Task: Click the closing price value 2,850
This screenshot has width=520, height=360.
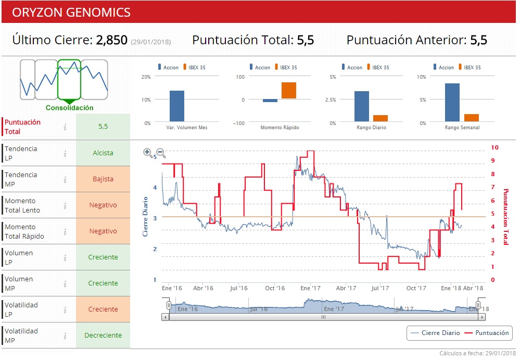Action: click(111, 40)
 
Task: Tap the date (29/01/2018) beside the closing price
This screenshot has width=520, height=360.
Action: click(150, 42)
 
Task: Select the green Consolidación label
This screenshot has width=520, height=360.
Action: click(69, 108)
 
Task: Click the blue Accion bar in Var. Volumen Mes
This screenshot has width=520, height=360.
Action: click(176, 106)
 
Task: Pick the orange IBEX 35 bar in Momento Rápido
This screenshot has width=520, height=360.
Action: click(289, 91)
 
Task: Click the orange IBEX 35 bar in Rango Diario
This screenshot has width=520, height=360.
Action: click(381, 118)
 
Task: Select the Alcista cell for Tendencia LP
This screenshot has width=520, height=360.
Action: click(103, 153)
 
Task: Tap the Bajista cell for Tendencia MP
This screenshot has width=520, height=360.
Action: click(103, 179)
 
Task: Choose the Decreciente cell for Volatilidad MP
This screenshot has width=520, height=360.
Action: click(103, 336)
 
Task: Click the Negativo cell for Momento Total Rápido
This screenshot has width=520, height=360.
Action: click(103, 231)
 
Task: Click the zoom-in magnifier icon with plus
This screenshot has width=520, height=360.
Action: click(148, 153)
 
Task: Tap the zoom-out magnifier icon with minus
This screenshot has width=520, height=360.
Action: click(161, 153)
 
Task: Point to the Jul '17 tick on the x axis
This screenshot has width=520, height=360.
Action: click(380, 288)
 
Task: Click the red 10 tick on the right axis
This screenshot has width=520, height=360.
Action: click(494, 148)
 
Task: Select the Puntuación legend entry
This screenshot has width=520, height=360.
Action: click(487, 332)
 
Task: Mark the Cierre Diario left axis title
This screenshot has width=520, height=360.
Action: click(146, 216)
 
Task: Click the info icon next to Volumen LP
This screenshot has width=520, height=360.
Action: click(65, 257)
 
